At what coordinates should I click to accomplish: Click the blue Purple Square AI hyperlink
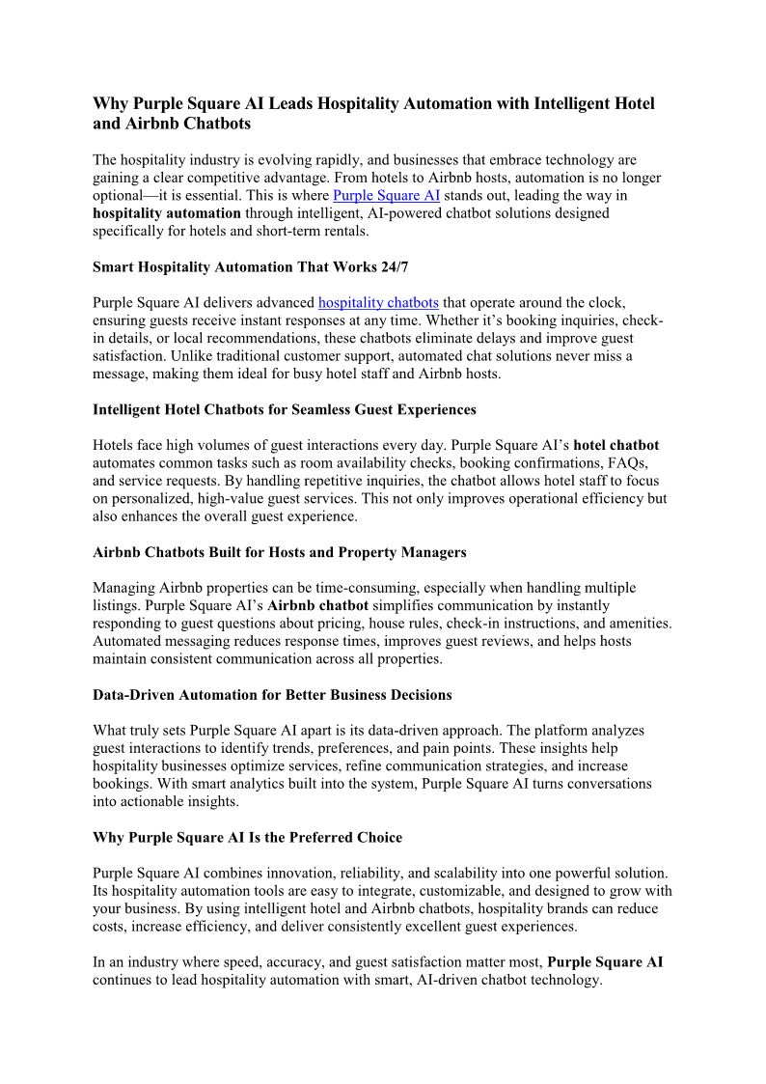(x=386, y=195)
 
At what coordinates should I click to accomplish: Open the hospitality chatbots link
(x=378, y=303)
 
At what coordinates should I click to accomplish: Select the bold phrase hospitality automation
(x=167, y=212)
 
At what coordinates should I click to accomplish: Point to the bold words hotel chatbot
(x=616, y=446)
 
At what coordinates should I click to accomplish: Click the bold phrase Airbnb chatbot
(x=317, y=606)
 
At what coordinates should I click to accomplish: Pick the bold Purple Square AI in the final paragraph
(x=605, y=962)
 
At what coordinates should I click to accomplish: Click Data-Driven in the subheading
(x=132, y=695)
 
